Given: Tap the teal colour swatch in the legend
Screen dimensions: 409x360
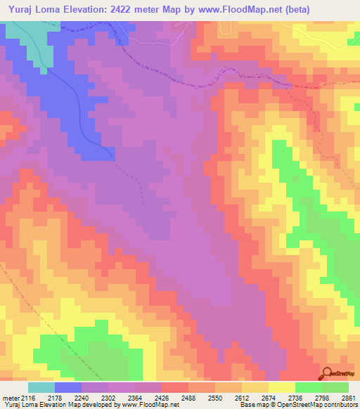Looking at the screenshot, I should click(x=41, y=387).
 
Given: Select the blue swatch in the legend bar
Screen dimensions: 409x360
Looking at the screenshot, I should click(x=68, y=387).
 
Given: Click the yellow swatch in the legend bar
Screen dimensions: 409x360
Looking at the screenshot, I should click(x=281, y=387).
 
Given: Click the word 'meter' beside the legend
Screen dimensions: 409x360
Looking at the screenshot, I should click(x=9, y=398).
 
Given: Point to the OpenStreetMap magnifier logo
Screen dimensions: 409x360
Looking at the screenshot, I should click(x=328, y=373).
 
